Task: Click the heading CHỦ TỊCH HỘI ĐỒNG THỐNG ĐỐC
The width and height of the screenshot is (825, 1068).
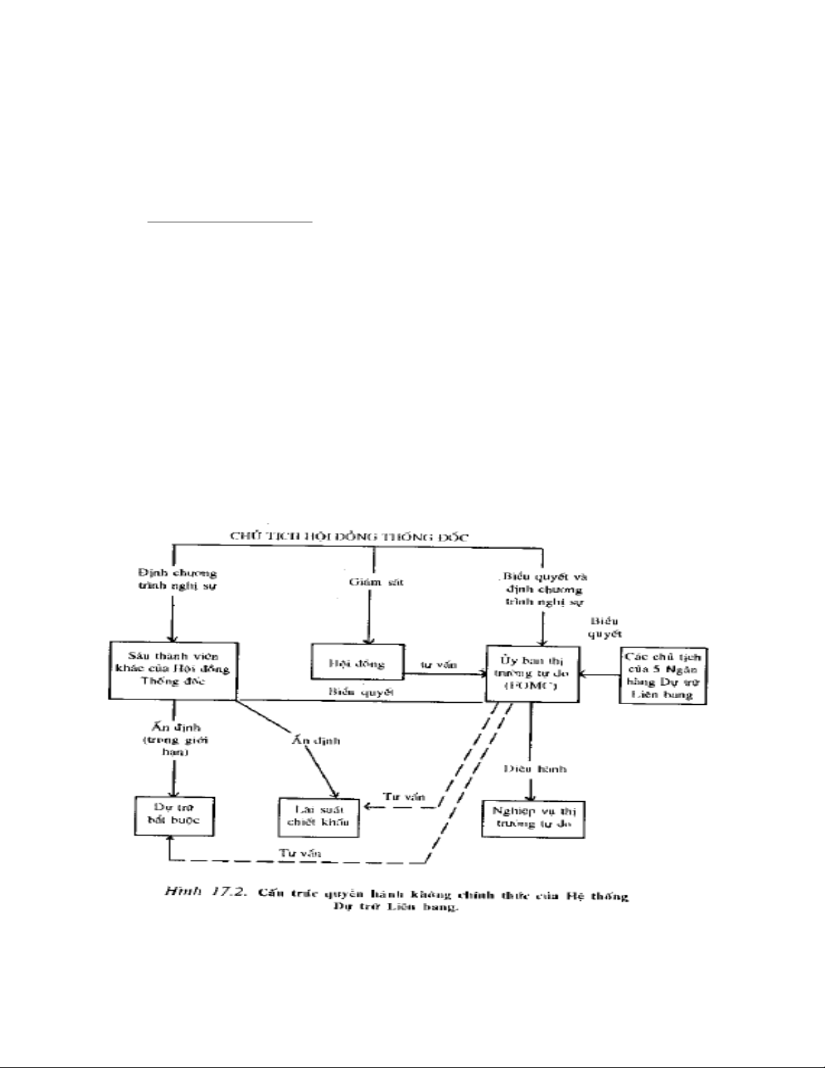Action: [348, 536]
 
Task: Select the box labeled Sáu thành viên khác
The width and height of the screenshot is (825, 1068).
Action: [172, 670]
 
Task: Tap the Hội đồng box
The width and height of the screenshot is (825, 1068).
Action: [357, 663]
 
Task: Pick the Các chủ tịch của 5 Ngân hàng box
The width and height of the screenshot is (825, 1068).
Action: [663, 675]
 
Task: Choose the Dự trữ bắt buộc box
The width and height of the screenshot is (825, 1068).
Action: [174, 816]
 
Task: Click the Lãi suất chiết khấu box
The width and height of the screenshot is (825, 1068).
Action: [319, 817]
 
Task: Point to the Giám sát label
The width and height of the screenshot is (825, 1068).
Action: [376, 582]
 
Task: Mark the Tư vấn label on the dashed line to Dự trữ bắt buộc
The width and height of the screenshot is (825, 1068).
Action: [300, 853]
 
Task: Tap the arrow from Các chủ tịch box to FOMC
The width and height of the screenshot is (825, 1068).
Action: [599, 672]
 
